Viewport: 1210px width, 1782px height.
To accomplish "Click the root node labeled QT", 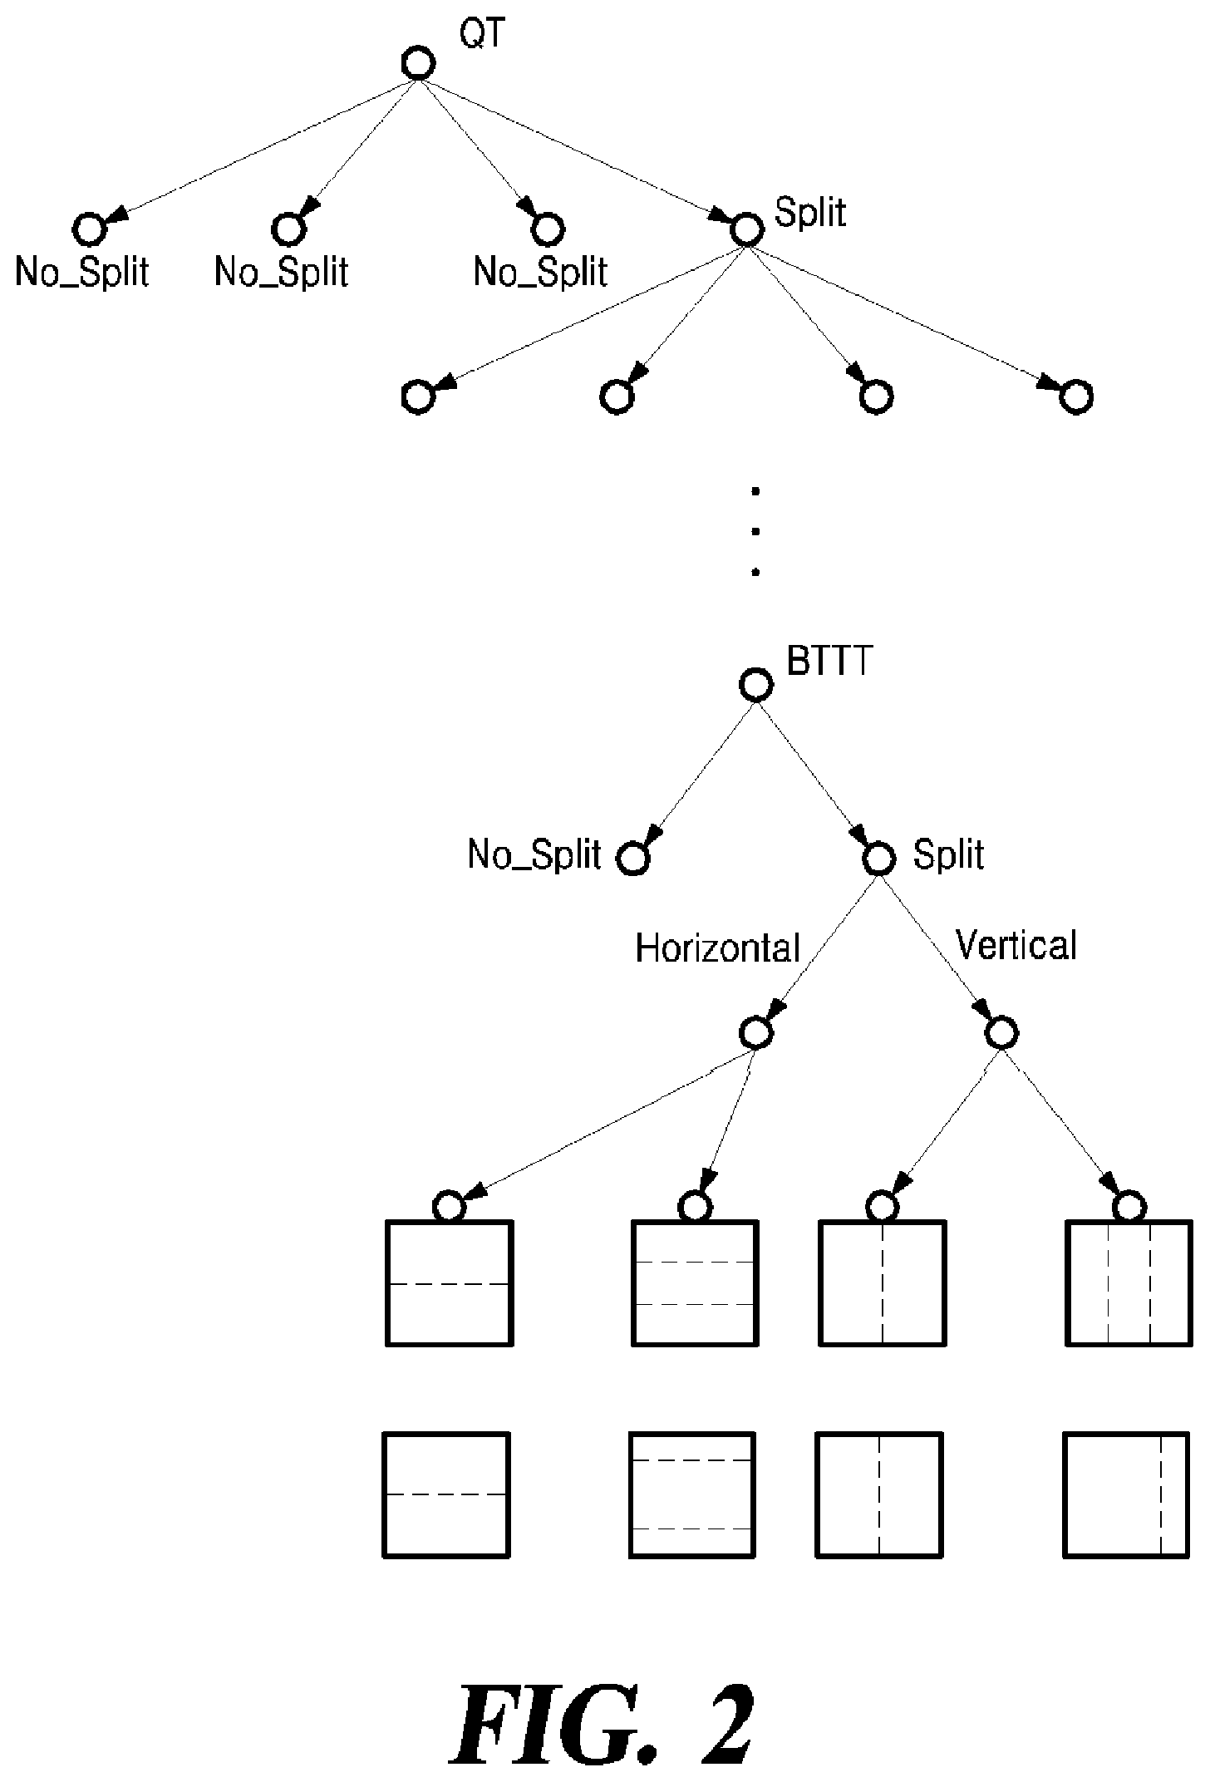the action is coord(418,64).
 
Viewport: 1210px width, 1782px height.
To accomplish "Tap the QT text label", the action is coord(483,35).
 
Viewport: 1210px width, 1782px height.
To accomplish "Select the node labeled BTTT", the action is coord(756,685).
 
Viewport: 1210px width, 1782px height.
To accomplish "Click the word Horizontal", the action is coord(717,948).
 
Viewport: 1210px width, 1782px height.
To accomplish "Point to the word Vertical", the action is coord(1016,945).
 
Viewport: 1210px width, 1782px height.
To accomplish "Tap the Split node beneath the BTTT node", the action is coord(878,858).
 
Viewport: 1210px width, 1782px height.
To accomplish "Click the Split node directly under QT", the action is coord(745,229).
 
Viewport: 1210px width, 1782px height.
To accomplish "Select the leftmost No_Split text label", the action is coord(82,272).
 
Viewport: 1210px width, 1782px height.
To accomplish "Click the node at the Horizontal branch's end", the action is coord(756,1032).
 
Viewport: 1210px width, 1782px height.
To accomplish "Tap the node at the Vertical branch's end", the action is coord(1001,1032).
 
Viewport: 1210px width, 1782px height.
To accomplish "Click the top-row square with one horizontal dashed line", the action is coord(450,1283).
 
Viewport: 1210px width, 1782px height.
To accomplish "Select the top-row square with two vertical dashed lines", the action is coord(1129,1283).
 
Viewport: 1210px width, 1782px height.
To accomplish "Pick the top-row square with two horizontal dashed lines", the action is coord(696,1283).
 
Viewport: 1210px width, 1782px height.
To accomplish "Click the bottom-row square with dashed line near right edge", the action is coord(1126,1494).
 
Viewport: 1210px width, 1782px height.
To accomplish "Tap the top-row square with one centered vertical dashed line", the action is coord(883,1283).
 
